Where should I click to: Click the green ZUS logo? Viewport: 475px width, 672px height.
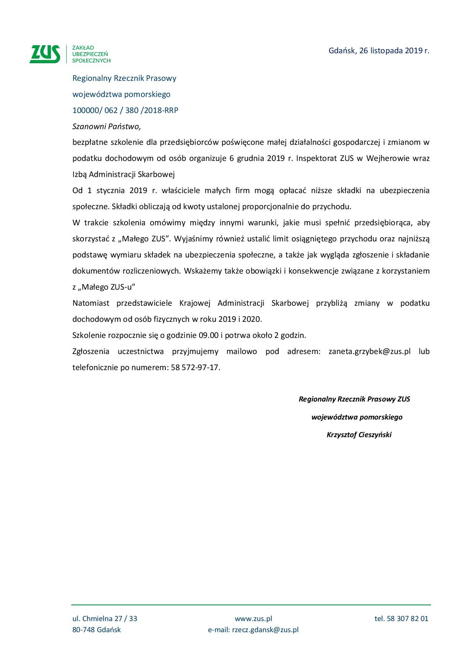pyautogui.click(x=45, y=54)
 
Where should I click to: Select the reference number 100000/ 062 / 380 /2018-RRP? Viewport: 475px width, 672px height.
pyautogui.click(x=125, y=110)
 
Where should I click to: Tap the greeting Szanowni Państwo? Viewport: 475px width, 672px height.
pyautogui.click(x=106, y=126)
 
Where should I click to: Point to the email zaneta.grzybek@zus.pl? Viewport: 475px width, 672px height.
pyautogui.click(x=369, y=351)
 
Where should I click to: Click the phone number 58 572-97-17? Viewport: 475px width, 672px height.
pyautogui.click(x=195, y=367)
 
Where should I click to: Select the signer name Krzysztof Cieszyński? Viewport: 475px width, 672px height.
pyautogui.click(x=359, y=435)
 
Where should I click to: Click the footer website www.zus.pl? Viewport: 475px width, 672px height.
pyautogui.click(x=253, y=618)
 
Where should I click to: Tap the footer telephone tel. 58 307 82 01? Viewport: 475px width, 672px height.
pyautogui.click(x=401, y=618)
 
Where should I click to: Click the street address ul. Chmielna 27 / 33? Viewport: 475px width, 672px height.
pyautogui.click(x=105, y=618)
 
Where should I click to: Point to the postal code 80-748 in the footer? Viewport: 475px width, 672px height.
pyautogui.click(x=84, y=630)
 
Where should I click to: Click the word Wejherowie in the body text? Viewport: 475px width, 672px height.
pyautogui.click(x=388, y=158)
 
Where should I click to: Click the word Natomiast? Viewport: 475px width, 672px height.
pyautogui.click(x=91, y=303)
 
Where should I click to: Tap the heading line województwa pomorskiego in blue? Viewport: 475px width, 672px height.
pyautogui.click(x=121, y=94)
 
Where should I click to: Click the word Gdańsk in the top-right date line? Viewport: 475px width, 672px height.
pyautogui.click(x=342, y=51)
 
